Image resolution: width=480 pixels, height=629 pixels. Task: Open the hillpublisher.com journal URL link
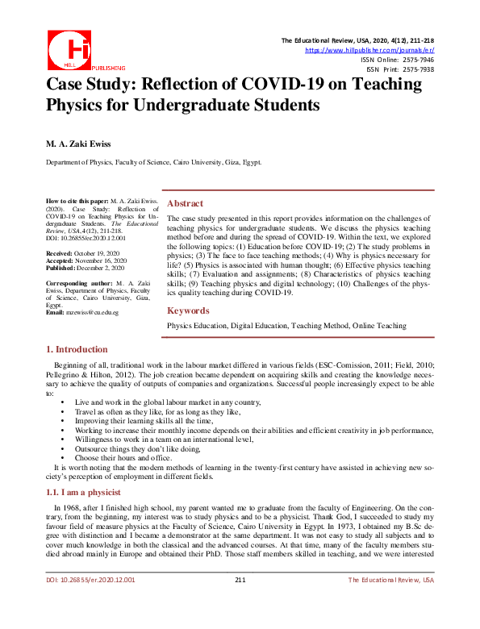369,50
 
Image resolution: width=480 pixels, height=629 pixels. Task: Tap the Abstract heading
185,203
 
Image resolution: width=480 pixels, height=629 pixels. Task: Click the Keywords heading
188,310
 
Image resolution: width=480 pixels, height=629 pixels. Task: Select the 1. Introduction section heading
77,349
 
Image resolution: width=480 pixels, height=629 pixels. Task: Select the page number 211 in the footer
240,602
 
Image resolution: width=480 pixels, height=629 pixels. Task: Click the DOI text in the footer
90,602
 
